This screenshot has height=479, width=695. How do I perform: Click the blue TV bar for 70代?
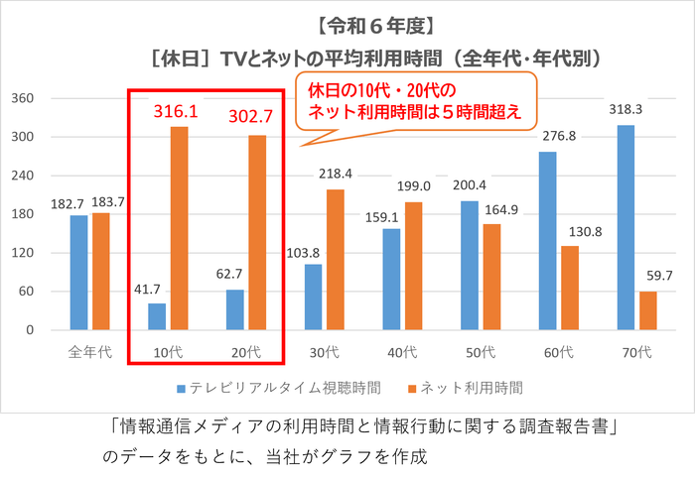[x=625, y=227]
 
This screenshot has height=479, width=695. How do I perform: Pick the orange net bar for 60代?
[x=569, y=288]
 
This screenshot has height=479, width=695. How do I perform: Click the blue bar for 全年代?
[x=79, y=272]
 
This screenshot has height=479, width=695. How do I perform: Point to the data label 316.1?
[x=176, y=111]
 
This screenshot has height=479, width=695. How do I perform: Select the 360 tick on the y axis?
[x=23, y=99]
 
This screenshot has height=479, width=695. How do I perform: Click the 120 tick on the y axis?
[x=23, y=253]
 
